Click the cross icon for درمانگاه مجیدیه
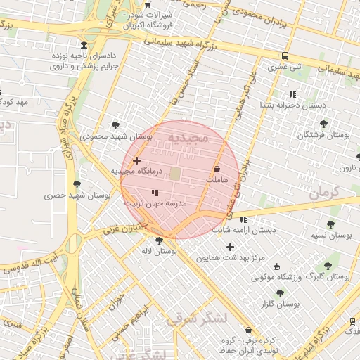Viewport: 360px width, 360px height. [136, 161]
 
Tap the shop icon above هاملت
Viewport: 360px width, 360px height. [217, 169]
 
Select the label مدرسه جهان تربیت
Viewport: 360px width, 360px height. [155, 202]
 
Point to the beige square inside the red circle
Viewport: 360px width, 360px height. [174, 173]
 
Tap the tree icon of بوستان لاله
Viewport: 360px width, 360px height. [159, 240]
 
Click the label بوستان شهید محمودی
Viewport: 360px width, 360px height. [117, 136]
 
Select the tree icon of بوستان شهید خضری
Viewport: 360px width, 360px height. [77, 184]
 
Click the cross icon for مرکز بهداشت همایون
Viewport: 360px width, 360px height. [230, 247]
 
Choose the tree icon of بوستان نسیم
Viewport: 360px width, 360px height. [330, 224]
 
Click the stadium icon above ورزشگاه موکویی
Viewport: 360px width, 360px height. [276, 266]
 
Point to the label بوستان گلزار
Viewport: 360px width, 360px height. [280, 304]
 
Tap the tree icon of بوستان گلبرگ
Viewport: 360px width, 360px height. [328, 266]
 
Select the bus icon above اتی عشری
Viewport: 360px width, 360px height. [285, 56]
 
